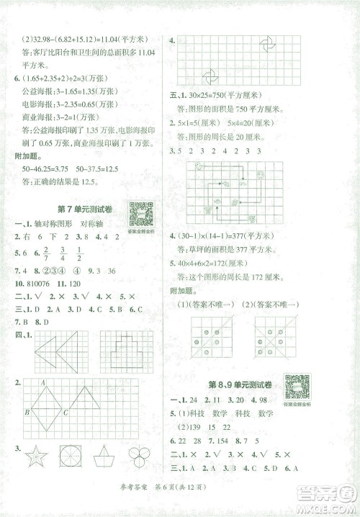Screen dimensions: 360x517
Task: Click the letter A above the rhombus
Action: pos(43,384)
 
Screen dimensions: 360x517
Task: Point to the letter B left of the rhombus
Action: pos(27,413)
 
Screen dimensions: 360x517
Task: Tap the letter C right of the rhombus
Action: pos(65,413)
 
